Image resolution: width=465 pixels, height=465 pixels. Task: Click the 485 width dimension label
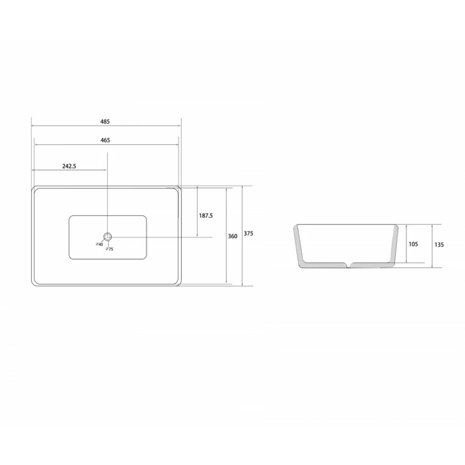(105, 121)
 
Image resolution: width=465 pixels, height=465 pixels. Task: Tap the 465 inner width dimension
(105, 140)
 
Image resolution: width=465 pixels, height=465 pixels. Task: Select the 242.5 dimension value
(69, 166)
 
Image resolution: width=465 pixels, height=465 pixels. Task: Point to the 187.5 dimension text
(206, 215)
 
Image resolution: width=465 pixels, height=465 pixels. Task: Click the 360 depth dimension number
(233, 236)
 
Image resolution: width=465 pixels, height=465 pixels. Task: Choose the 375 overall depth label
(249, 234)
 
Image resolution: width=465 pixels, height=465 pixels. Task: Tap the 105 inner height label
(413, 244)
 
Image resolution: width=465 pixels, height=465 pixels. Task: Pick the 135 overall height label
(439, 245)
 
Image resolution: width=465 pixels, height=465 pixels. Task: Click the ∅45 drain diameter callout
(99, 244)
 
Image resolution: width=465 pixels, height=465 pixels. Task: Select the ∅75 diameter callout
(110, 249)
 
